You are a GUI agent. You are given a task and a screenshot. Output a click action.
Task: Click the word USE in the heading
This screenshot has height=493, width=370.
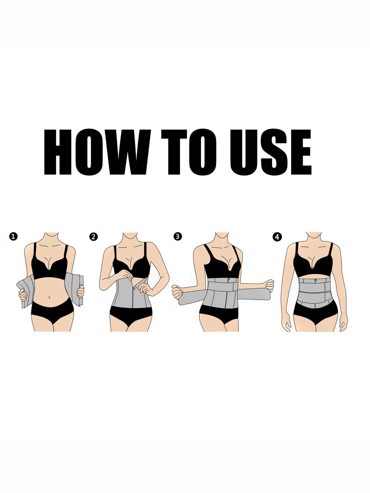pyautogui.click(x=270, y=152)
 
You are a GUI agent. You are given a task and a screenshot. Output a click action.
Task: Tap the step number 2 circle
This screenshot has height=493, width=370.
pyautogui.click(x=93, y=237)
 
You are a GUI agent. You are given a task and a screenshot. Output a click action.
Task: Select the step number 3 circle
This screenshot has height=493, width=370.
pyautogui.click(x=178, y=236)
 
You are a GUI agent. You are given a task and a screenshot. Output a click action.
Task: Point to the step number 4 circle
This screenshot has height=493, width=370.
pyautogui.click(x=277, y=237)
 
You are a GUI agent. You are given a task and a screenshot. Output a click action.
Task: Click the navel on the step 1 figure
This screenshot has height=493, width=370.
pyautogui.click(x=49, y=297)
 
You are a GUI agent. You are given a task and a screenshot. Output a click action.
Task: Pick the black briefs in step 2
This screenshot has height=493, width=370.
pyautogui.click(x=131, y=315)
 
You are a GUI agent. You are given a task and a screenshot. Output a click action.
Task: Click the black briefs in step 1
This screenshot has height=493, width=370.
pyautogui.click(x=52, y=312)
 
